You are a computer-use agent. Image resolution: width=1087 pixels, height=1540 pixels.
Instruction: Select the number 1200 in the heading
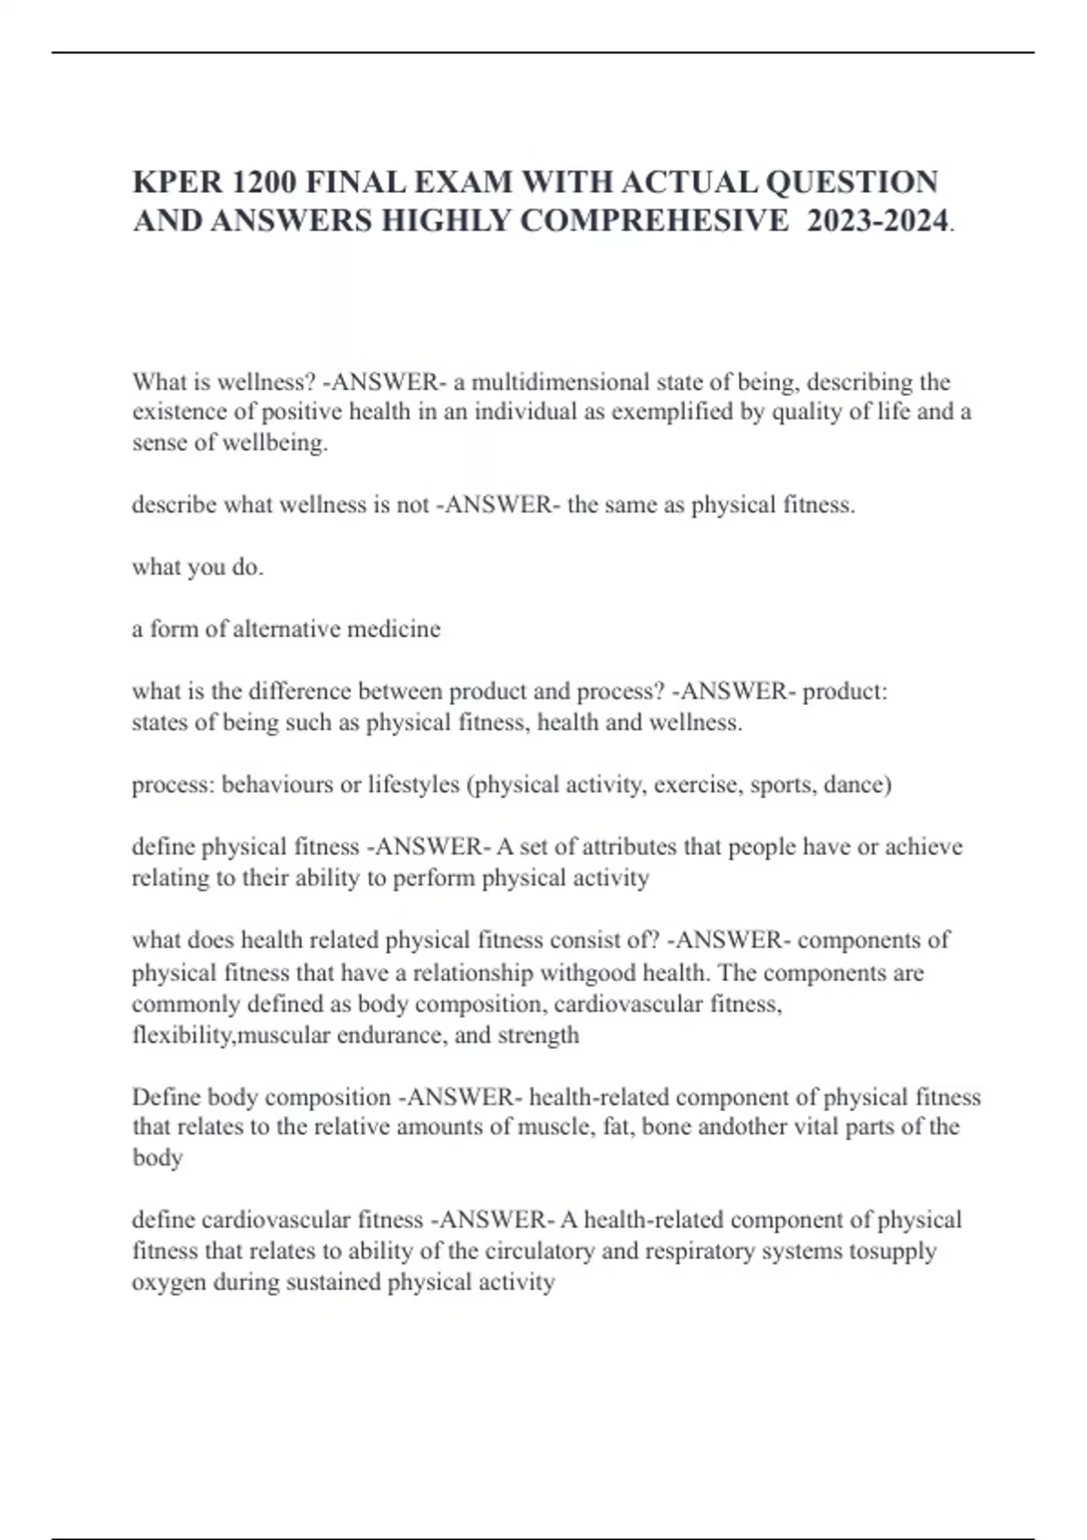click(x=264, y=182)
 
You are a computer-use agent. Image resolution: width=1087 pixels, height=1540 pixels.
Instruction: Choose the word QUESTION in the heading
click(x=851, y=182)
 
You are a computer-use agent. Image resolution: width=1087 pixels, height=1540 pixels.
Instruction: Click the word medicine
click(x=399, y=629)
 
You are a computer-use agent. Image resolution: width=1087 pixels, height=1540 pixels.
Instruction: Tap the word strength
click(x=538, y=1035)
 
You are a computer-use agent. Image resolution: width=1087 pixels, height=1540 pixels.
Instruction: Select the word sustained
click(x=333, y=1283)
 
